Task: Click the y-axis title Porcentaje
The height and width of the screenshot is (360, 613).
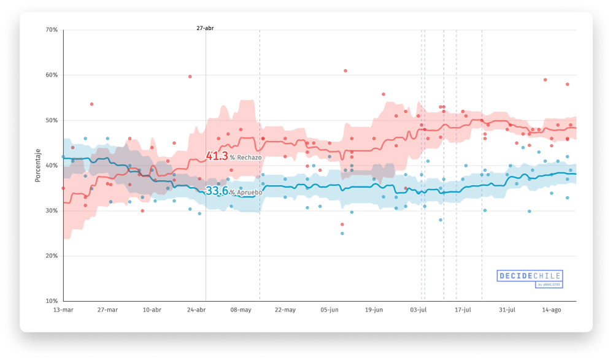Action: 37,166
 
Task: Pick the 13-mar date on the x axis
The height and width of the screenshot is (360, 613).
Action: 63,310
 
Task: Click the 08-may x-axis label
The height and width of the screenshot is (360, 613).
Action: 241,310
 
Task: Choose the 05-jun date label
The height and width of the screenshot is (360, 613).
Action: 330,310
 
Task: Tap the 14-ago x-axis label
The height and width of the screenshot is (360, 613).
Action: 552,310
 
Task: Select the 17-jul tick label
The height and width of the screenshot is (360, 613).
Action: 463,310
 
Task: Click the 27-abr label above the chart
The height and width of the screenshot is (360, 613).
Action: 205,28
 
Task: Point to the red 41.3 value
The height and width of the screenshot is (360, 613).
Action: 217,156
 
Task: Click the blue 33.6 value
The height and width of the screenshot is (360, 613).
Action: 217,191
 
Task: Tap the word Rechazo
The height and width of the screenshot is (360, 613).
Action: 249,158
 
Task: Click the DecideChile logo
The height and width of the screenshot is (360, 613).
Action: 529,278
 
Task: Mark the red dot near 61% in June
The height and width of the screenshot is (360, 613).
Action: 345,71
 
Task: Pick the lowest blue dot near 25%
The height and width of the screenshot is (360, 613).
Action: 342,234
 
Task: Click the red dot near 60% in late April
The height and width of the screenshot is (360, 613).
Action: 190,77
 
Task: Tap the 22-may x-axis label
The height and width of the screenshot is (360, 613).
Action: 285,310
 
